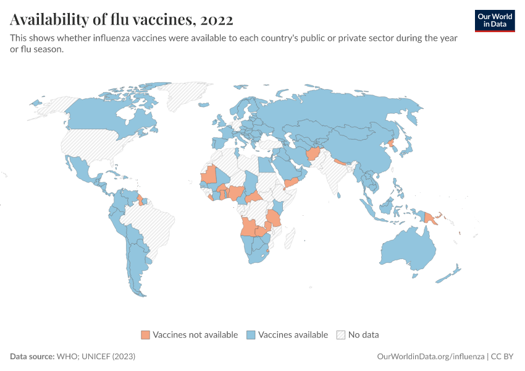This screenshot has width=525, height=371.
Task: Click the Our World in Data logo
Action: (x=494, y=20)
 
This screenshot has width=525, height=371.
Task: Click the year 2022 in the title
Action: (x=216, y=20)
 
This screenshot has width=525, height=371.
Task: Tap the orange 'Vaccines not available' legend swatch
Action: (x=146, y=335)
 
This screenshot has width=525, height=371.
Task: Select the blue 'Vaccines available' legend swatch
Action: (x=251, y=335)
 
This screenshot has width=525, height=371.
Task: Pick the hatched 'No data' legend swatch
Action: (x=341, y=335)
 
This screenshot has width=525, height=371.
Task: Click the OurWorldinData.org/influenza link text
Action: (x=430, y=357)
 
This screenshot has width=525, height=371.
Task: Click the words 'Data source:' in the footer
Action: (x=32, y=357)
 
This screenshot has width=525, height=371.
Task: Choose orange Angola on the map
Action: (x=248, y=228)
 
